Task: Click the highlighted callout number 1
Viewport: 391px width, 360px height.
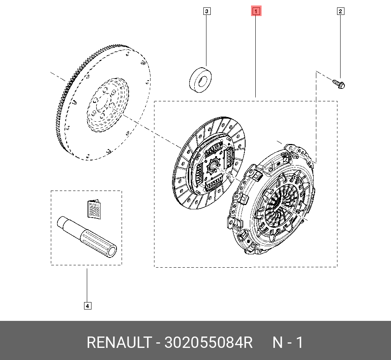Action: (x=256, y=11)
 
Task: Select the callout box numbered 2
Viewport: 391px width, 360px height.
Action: (x=340, y=11)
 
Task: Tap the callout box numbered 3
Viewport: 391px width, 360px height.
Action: (x=207, y=11)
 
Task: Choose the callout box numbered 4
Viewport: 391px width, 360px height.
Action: (x=87, y=306)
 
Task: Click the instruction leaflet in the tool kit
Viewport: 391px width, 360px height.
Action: (x=94, y=209)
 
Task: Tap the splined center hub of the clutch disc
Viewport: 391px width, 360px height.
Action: (x=213, y=166)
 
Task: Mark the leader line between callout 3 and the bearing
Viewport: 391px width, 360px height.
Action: (x=207, y=39)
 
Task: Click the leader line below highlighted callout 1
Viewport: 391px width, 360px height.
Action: (x=256, y=55)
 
